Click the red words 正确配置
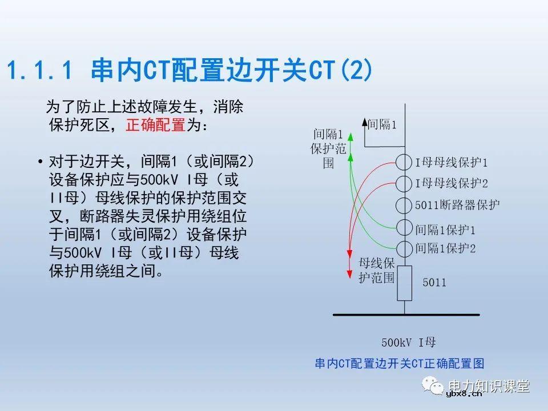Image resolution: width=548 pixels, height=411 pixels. coord(155,125)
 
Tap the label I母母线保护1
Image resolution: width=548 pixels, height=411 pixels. coord(451,163)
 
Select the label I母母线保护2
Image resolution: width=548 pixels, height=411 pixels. coord(451,184)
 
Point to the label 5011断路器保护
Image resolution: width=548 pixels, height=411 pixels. coord(457,205)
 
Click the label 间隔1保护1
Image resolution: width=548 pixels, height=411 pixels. coord(445,229)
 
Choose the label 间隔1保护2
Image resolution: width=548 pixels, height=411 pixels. coord(445,248)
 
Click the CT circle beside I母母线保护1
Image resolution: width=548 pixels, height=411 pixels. coord(404,162)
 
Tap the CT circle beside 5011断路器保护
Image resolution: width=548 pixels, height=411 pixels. coord(404,205)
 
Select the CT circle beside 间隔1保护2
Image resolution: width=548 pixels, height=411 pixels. coord(404,249)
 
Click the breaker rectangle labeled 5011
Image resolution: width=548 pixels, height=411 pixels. coord(404,283)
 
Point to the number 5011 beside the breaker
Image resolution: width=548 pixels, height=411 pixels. coord(434,283)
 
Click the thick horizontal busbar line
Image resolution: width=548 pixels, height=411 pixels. coord(405,314)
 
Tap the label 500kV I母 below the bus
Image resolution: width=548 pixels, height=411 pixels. coord(409,342)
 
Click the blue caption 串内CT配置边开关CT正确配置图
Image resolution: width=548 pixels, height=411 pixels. coord(399,363)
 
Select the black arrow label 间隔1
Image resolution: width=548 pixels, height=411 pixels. coord(381,124)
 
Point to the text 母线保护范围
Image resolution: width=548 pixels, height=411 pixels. coord(376,270)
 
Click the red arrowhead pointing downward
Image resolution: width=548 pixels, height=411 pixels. coord(349,275)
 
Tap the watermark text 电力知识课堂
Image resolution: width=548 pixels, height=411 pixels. coord(489,386)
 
